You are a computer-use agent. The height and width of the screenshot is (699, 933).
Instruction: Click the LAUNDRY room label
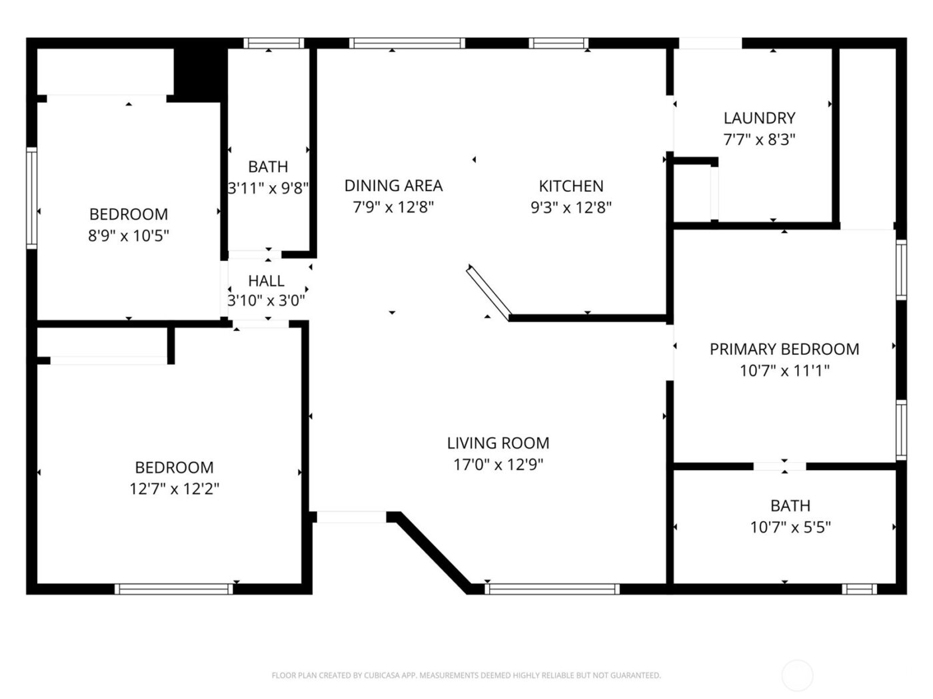click(759, 118)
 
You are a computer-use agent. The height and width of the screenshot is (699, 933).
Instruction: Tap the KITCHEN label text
click(571, 186)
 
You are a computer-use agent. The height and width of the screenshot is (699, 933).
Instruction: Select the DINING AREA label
click(393, 185)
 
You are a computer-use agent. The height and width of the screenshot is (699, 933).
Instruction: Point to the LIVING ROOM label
click(498, 443)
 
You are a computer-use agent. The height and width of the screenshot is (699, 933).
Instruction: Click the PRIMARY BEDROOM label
click(784, 349)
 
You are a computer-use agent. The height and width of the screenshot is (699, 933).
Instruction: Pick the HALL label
click(267, 281)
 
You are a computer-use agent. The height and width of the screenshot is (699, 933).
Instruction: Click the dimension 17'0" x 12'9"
click(498, 465)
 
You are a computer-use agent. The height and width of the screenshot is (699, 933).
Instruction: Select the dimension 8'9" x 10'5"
click(129, 236)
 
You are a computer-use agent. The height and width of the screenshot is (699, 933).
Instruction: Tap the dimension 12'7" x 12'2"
click(174, 489)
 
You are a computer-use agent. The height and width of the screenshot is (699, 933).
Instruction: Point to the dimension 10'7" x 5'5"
click(790, 528)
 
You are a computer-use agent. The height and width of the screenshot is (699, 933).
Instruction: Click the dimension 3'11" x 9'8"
click(268, 188)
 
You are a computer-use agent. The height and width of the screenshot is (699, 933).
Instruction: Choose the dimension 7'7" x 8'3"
click(759, 140)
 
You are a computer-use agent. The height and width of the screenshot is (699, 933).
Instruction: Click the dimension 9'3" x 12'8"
click(571, 208)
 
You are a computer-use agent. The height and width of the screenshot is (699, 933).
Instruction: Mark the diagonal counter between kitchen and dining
click(489, 290)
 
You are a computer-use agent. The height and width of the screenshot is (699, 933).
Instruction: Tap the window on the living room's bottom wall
click(552, 588)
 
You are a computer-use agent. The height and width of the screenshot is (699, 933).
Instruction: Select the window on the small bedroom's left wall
click(31, 198)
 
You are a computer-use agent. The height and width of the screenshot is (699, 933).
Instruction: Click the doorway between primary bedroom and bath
click(780, 466)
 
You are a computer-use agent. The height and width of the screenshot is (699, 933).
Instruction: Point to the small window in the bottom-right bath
click(858, 588)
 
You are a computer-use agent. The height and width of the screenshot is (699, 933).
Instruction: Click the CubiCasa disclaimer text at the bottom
click(466, 676)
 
